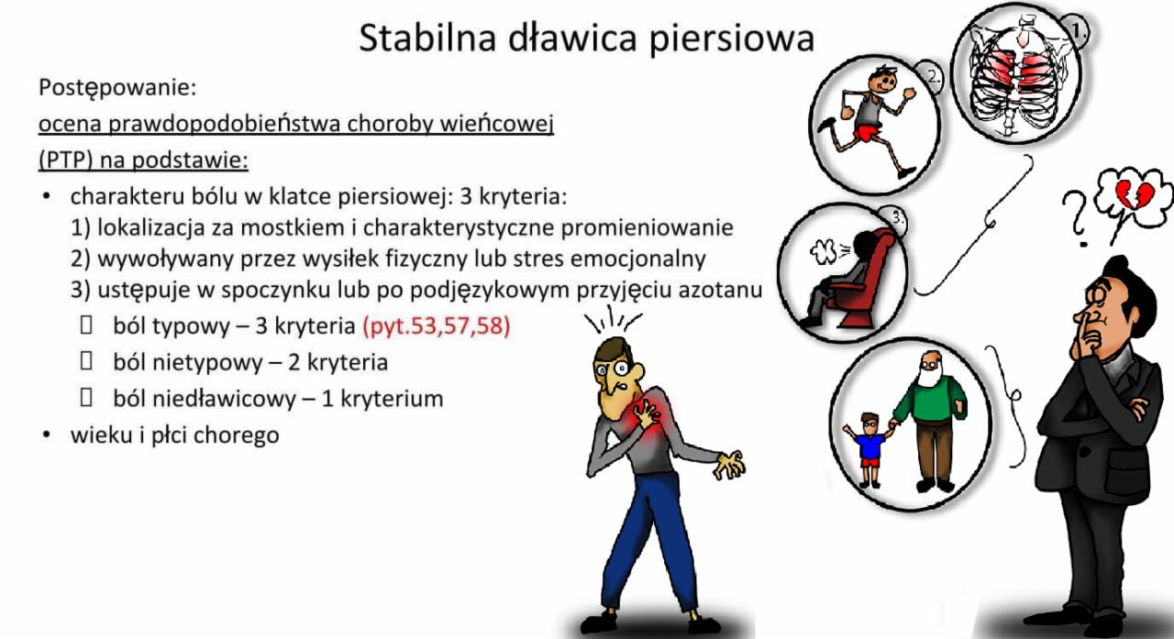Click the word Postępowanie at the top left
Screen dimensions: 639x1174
(118, 90)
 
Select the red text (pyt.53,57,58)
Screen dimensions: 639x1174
(436, 326)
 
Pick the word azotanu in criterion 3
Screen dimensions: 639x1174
(726, 291)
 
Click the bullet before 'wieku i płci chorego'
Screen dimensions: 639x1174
(44, 435)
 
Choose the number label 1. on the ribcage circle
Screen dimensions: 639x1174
(1078, 32)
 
